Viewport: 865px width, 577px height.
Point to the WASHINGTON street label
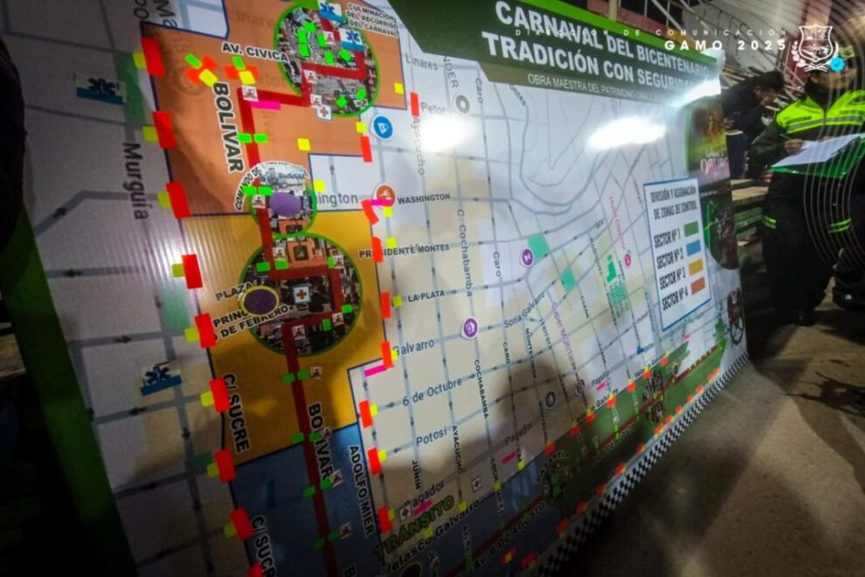coord(424,199)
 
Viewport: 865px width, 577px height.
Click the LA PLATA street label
coord(426,297)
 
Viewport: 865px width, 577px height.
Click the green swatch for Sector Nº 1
coord(692,228)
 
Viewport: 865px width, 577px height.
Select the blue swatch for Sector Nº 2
coord(694,247)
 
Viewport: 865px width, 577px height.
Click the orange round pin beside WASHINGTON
coord(384,194)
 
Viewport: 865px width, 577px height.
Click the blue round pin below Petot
coord(382,127)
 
